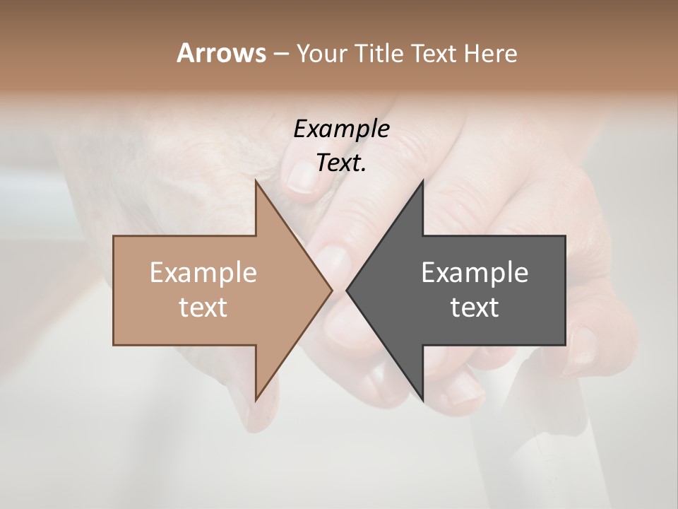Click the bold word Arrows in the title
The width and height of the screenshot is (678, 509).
[221, 53]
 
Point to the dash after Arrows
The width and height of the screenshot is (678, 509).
[280, 54]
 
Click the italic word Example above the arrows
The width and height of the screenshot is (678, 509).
[341, 129]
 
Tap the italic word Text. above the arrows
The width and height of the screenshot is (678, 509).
[341, 163]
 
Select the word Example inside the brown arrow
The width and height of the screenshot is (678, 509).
[203, 272]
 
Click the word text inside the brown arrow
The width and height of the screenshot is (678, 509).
[203, 307]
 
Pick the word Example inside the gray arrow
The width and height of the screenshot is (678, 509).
[475, 272]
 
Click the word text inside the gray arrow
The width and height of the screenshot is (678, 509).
[475, 307]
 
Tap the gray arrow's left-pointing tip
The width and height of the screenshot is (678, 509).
[347, 290]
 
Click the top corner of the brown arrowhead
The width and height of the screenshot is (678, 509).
[256, 181]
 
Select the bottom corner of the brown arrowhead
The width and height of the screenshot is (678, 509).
[256, 399]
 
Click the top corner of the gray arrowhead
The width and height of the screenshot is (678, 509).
[422, 181]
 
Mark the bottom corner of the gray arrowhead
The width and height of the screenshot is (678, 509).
[422, 399]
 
